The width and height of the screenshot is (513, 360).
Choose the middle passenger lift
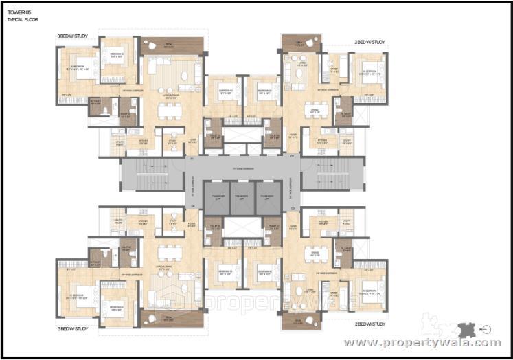click(242, 196)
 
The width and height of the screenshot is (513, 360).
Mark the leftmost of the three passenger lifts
click(216, 196)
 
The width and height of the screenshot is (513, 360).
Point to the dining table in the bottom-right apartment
click(317, 252)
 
